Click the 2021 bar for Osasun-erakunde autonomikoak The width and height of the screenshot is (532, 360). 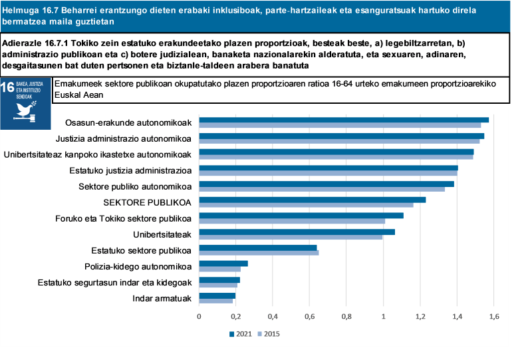click(344, 120)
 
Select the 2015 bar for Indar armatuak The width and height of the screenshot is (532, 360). click(216, 301)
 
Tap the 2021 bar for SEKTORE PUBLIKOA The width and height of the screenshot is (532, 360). click(312, 200)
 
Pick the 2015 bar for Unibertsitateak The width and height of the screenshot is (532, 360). click(291, 237)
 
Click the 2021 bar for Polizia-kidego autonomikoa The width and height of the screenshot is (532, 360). click(223, 264)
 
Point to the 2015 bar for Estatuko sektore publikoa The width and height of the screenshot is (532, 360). click(259, 253)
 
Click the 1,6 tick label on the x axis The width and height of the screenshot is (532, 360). click(493, 316)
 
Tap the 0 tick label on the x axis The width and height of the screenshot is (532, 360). click(199, 316)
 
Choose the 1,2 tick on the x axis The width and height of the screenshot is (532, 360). click(420, 316)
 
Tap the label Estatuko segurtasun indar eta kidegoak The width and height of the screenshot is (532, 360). click(115, 282)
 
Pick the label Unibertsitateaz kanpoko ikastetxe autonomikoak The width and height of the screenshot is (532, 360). click(98, 154)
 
